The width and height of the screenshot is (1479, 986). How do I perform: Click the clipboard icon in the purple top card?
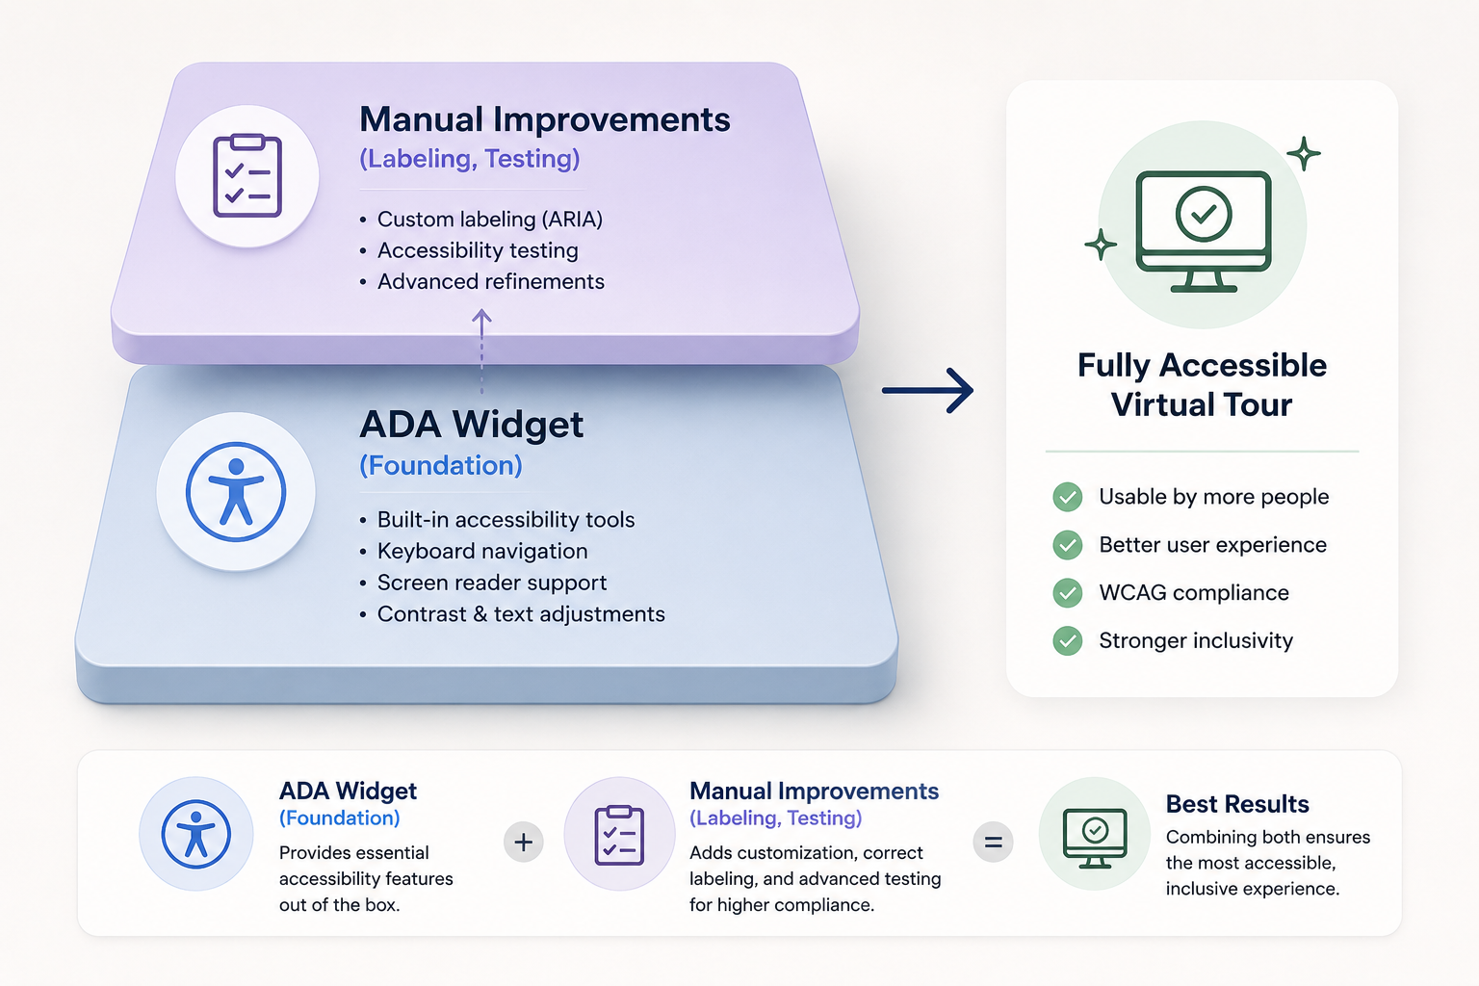point(247,175)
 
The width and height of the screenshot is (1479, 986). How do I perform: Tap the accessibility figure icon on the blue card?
point(236,492)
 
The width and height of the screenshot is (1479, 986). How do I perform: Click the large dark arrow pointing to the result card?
point(927,390)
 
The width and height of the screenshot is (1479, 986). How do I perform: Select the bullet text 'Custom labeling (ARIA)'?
point(489,220)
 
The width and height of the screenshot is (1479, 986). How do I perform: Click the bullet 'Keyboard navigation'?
point(482,551)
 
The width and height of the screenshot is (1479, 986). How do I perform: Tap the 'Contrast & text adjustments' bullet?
point(521,614)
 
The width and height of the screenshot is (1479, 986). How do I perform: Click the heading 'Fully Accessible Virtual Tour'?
point(1202,384)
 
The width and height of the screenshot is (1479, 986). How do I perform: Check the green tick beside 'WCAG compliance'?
point(1068,593)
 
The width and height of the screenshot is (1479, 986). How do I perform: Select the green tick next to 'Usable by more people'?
point(1068,497)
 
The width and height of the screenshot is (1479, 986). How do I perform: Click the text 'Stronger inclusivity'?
point(1196,640)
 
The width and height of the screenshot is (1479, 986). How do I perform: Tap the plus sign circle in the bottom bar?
point(524,842)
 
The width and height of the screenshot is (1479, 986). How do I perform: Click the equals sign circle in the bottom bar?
point(993,842)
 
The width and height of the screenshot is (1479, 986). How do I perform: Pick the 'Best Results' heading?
point(1237,804)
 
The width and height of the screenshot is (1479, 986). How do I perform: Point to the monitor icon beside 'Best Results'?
point(1095,838)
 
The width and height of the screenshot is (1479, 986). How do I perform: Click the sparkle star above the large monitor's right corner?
point(1304,154)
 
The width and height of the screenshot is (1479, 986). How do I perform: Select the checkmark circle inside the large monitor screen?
point(1204,214)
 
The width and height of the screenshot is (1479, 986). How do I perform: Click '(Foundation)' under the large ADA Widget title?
point(440,466)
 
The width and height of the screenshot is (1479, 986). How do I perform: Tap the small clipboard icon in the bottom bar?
point(619,835)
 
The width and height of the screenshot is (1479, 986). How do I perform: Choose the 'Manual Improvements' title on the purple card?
point(545,119)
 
